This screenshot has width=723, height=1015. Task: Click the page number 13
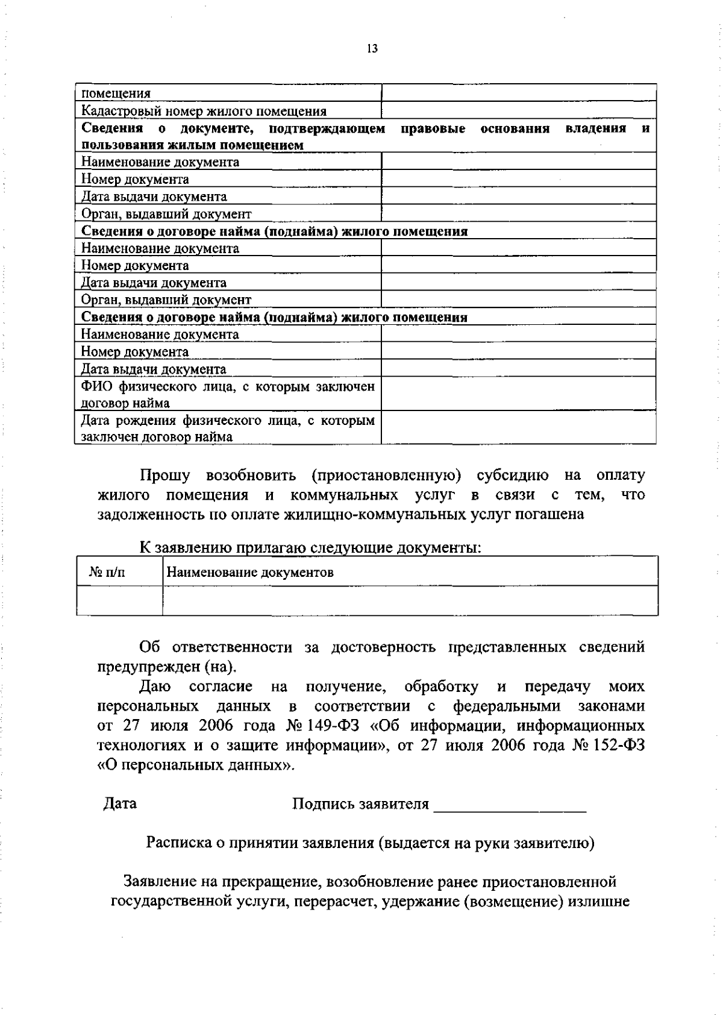pos(372,49)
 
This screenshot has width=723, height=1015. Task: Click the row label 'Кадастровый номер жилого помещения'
pos(204,111)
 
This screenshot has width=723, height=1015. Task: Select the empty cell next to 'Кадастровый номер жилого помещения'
pos(518,110)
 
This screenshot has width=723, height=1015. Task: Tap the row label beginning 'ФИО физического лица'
pos(228,394)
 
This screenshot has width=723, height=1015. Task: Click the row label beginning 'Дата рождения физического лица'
pos(228,429)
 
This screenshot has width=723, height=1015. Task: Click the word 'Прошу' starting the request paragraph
pos(164,475)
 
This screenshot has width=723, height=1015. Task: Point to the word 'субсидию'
pos(513,475)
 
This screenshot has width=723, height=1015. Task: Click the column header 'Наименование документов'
pos(249,572)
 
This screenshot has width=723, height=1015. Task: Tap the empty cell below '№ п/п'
pos(119,600)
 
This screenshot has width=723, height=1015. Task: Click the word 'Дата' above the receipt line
pos(120,803)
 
